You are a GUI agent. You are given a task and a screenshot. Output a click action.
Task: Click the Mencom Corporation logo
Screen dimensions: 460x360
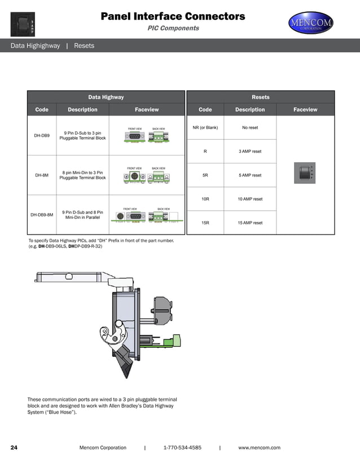(311, 23)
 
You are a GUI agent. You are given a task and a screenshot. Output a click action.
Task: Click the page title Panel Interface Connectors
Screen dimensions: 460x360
(173, 16)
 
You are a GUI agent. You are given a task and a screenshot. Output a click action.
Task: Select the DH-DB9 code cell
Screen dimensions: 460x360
(42, 136)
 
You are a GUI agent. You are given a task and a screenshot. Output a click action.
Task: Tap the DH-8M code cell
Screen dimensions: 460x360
(42, 175)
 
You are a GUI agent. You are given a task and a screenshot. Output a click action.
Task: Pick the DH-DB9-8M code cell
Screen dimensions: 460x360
(42, 215)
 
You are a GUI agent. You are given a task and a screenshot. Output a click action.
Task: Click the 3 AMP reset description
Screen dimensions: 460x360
(250, 152)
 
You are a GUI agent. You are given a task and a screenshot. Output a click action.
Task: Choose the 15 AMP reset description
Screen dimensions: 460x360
(250, 223)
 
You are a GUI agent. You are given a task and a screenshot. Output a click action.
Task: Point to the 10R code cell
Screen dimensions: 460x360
(205, 199)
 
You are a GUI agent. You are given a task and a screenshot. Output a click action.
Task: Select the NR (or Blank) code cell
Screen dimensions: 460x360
(205, 127)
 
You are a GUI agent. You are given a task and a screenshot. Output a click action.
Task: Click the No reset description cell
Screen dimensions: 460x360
(250, 127)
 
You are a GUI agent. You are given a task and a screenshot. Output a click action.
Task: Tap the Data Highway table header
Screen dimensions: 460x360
(106, 97)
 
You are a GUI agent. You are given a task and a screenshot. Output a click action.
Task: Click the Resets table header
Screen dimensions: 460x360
(260, 97)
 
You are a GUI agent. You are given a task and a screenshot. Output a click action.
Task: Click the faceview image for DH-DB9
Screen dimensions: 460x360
(146, 136)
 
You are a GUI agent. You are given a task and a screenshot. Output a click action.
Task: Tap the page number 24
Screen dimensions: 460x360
(14, 448)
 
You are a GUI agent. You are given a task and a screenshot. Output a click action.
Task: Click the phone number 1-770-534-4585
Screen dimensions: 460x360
(182, 448)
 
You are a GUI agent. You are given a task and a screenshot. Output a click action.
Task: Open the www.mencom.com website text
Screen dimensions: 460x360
(259, 448)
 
